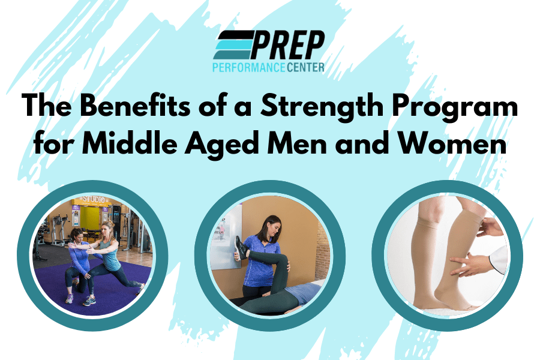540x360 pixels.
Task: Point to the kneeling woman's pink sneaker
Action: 70,298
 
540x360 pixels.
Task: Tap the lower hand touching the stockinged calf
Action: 466,263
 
